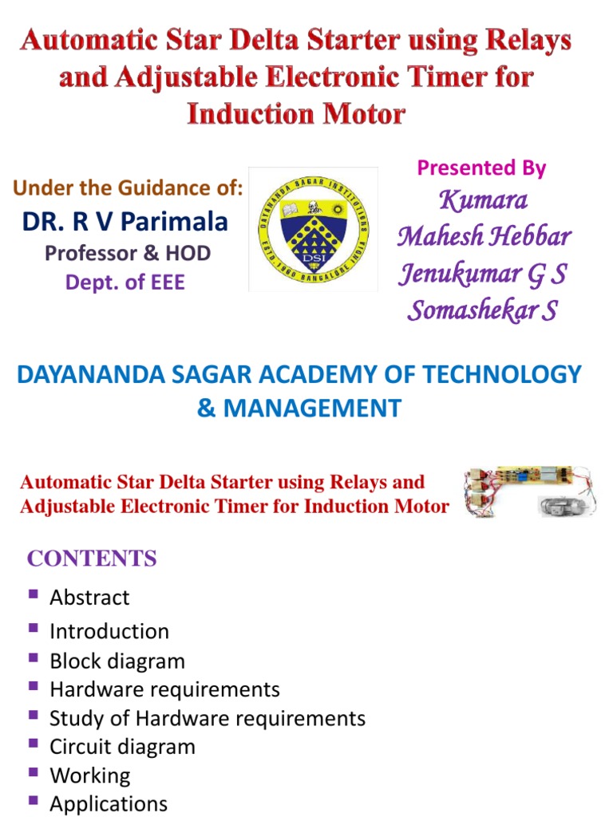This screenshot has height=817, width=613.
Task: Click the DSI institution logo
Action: click(x=313, y=229)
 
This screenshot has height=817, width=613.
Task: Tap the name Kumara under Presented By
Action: click(x=483, y=200)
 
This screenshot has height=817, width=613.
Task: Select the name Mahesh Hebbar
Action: click(x=484, y=236)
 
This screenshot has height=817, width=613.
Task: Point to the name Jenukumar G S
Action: click(x=483, y=273)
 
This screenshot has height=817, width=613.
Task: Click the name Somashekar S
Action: click(x=483, y=310)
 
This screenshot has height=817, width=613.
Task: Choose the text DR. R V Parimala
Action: click(x=125, y=222)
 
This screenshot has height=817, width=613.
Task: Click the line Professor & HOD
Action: click(x=128, y=253)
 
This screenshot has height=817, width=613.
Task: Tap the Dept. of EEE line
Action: click(x=125, y=282)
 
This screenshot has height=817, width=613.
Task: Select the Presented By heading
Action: click(x=481, y=168)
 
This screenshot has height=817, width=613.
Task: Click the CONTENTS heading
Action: click(x=92, y=558)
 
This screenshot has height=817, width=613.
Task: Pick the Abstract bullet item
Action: click(x=89, y=597)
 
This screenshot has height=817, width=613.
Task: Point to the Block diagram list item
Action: click(x=117, y=661)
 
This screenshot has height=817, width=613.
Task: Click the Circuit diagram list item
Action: click(x=122, y=747)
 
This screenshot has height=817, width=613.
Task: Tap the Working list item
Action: click(x=90, y=776)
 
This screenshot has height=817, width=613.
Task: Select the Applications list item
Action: click(x=109, y=803)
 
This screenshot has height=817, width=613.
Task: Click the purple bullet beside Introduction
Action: click(x=34, y=627)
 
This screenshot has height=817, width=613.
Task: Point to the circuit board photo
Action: click(x=529, y=491)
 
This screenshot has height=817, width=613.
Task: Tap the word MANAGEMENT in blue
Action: click(x=312, y=408)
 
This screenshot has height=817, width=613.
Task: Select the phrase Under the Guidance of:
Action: click(x=128, y=187)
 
